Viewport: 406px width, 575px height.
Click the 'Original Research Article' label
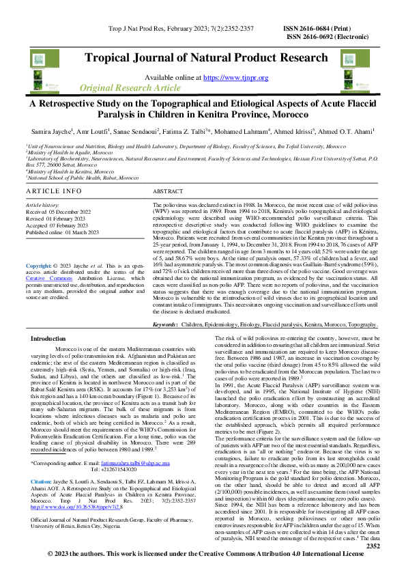tap(130, 89)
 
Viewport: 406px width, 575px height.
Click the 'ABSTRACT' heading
tap(168, 192)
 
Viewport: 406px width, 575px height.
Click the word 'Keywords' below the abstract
tap(166, 325)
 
